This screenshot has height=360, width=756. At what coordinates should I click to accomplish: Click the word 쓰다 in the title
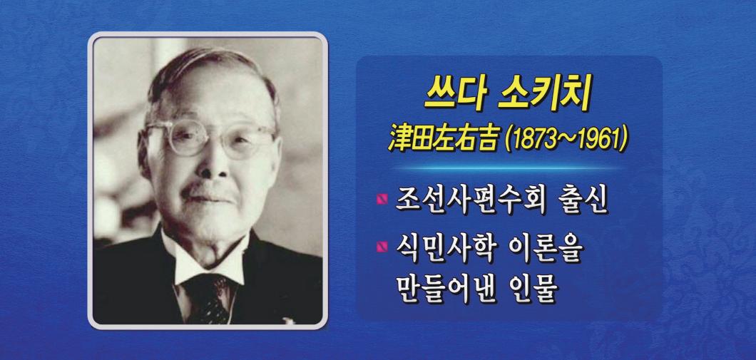tap(452, 94)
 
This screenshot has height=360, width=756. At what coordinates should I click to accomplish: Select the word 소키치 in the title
tap(543, 94)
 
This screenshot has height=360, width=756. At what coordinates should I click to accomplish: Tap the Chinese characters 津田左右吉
tap(442, 139)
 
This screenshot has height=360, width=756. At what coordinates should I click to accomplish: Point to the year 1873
tap(531, 140)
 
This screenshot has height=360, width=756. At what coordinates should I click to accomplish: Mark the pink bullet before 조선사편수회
tap(382, 199)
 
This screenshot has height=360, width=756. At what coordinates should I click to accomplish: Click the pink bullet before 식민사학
tap(382, 247)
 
